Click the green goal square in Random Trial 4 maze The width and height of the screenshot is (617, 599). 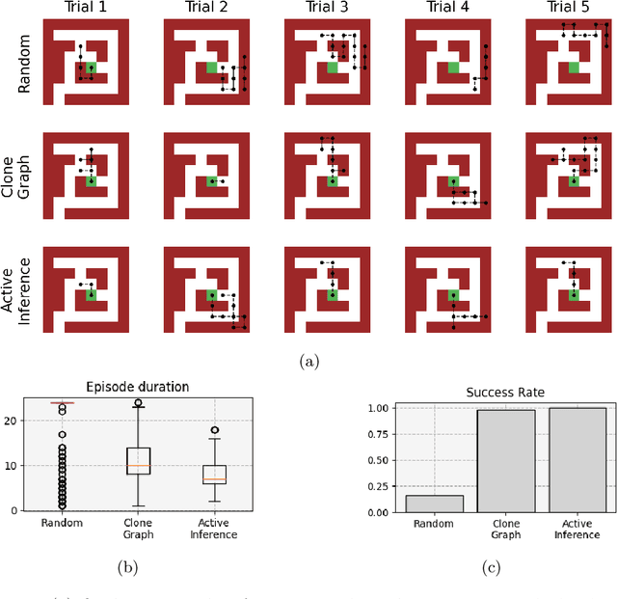(x=452, y=67)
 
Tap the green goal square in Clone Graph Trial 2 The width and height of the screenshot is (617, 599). (x=211, y=180)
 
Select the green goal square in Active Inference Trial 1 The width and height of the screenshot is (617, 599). (x=92, y=295)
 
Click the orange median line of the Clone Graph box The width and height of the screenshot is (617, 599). (x=140, y=466)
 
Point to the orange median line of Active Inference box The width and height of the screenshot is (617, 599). (x=214, y=479)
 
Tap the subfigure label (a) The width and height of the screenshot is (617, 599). (x=308, y=361)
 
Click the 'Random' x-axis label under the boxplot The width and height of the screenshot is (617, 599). (x=63, y=524)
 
